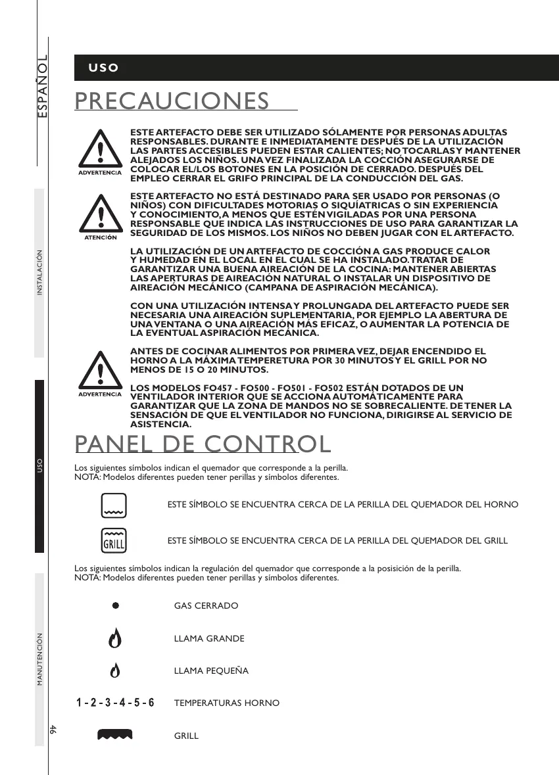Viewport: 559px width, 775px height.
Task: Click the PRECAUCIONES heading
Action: point(172,101)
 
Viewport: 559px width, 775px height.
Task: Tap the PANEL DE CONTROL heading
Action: point(203,444)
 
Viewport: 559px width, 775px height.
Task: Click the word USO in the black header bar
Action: point(104,68)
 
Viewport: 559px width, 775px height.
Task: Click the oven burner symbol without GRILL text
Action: point(114,504)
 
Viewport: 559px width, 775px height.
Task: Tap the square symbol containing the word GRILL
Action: point(114,540)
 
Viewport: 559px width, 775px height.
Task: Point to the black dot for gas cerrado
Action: point(114,605)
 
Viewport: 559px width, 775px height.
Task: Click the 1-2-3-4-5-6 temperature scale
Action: point(115,703)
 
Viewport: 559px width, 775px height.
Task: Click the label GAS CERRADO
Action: point(206,605)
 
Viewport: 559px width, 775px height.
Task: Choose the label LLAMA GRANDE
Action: point(209,639)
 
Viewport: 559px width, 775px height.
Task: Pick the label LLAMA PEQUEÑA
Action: point(211,671)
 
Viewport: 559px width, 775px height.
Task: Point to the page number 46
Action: point(52,729)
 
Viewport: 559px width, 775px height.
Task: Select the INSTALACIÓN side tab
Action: point(39,273)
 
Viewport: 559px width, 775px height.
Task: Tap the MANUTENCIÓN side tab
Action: point(39,659)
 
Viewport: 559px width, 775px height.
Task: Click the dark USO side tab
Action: point(39,466)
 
